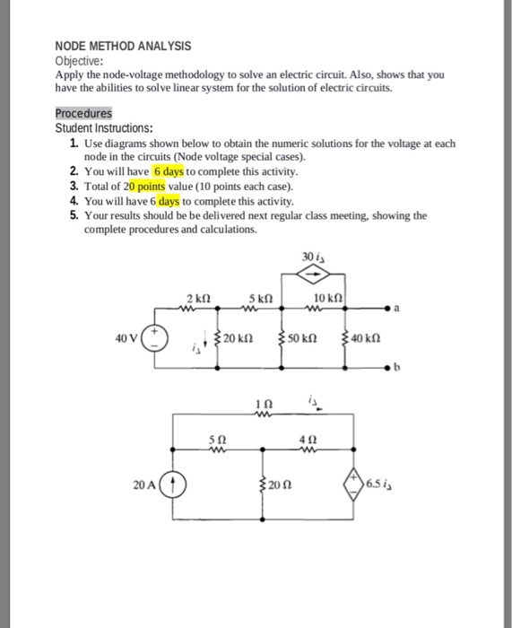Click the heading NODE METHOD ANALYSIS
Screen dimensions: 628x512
click(123, 46)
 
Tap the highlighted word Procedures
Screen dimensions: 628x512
click(83, 114)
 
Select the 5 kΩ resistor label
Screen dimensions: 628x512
click(260, 297)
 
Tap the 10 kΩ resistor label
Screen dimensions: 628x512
click(329, 297)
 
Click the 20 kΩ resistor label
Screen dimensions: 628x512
click(239, 338)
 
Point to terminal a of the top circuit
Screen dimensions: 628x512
click(392, 310)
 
